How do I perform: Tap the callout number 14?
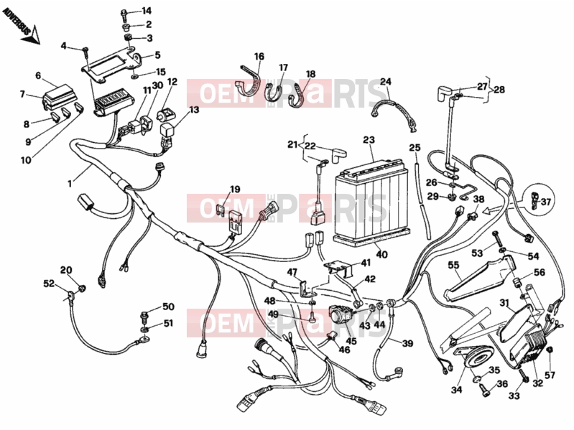point(147,11)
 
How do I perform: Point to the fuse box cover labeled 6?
point(57,93)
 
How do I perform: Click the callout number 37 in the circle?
point(546,202)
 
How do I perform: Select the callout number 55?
point(453,265)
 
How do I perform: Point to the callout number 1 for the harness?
point(70,184)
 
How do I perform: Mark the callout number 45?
point(351,341)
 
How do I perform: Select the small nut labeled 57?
point(549,351)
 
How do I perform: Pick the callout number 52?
point(49,284)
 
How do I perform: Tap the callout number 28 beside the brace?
point(499,89)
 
